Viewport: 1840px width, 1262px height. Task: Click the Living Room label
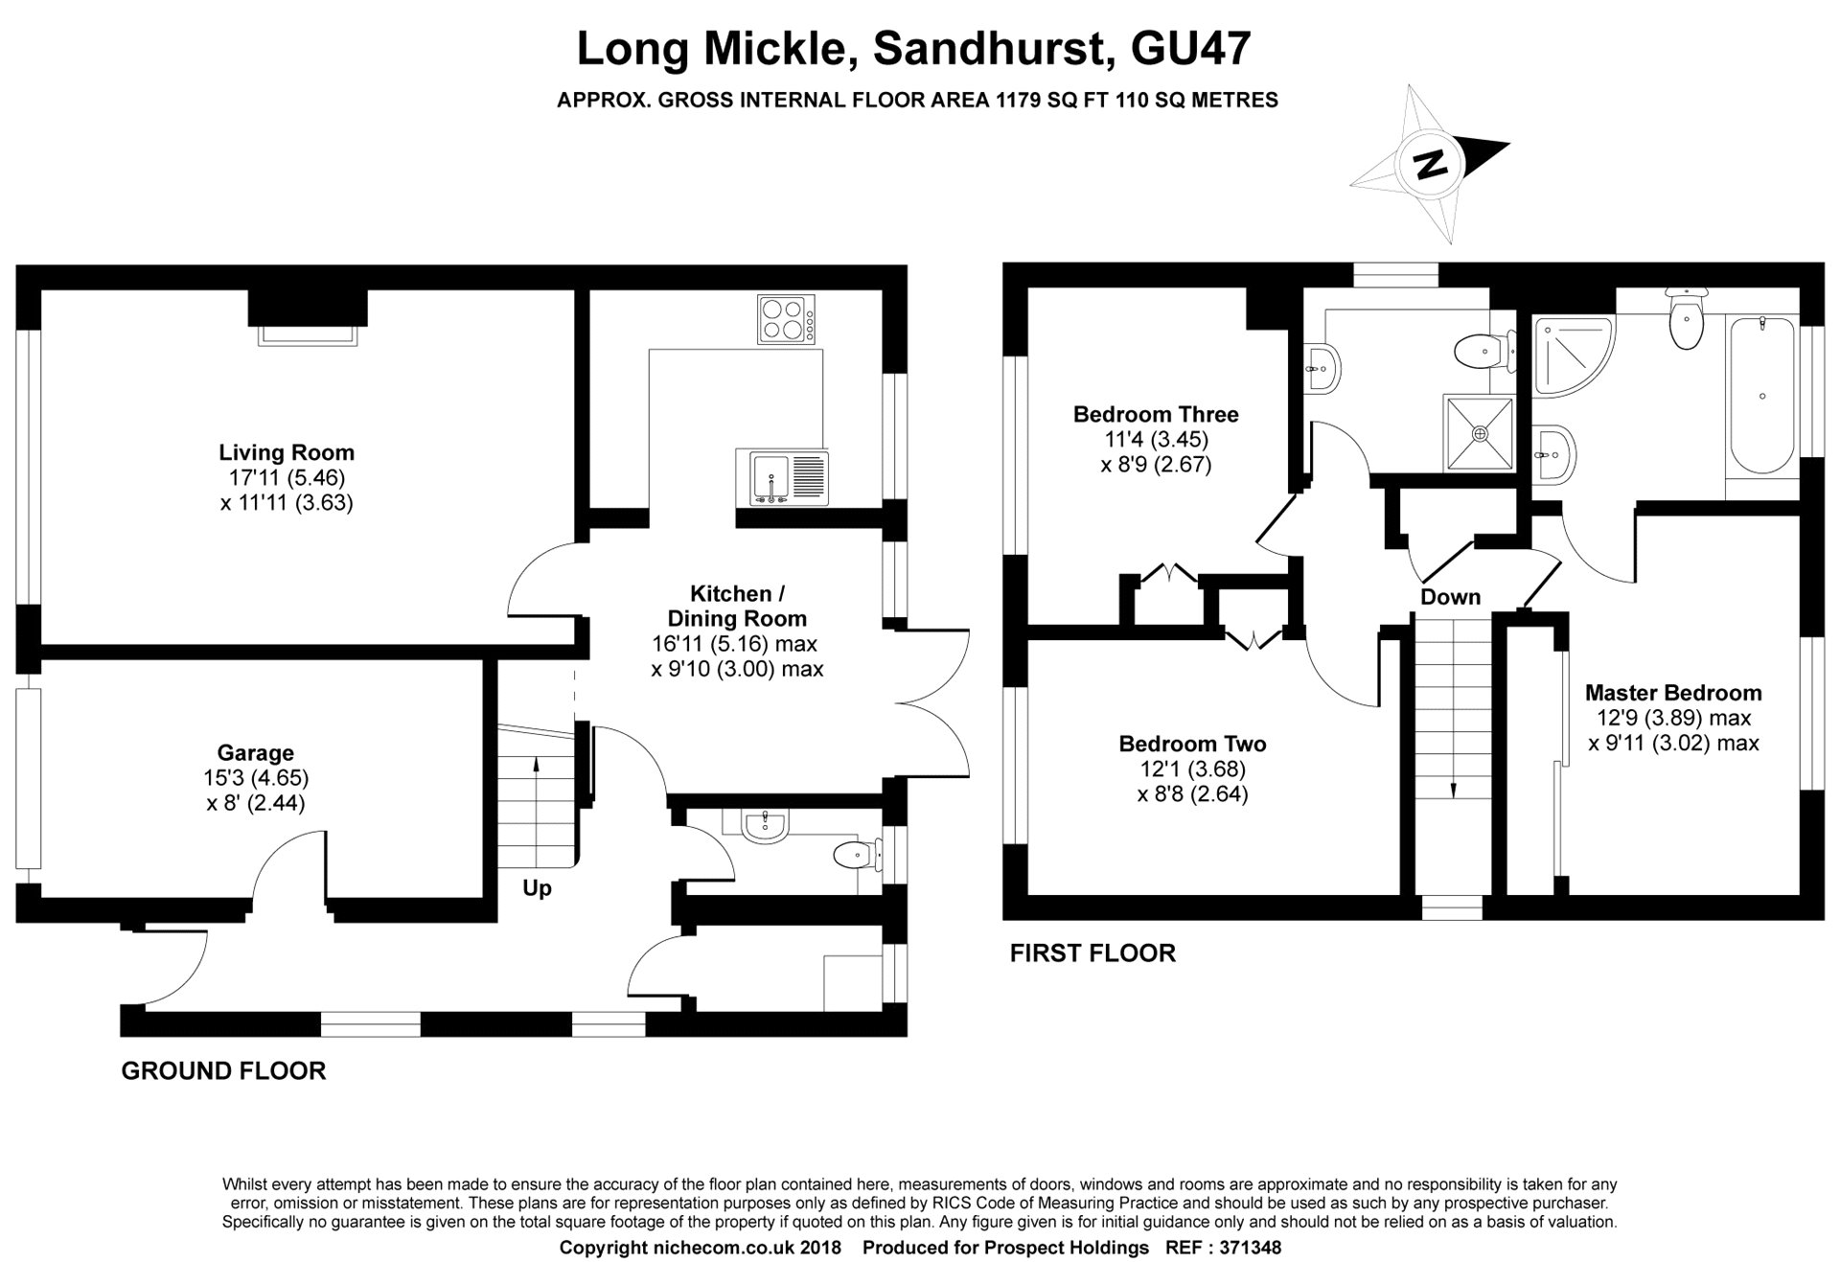tap(286, 452)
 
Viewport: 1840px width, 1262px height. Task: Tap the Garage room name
tap(255, 753)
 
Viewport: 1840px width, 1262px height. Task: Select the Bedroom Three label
tap(1155, 415)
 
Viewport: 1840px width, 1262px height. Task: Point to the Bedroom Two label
tap(1192, 744)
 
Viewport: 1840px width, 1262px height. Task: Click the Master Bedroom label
tap(1672, 693)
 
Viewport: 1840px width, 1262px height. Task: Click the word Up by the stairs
tap(537, 888)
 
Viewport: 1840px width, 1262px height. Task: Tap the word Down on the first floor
tap(1450, 597)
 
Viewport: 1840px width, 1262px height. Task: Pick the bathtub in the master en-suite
tap(1762, 395)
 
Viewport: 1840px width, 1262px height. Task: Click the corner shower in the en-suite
tap(1572, 355)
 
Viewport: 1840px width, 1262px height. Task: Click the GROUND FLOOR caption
tap(223, 1071)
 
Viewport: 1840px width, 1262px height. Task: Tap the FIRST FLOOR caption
tap(1092, 953)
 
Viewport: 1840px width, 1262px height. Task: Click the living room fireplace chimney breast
tap(307, 309)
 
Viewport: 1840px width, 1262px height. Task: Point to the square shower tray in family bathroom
tap(1480, 433)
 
